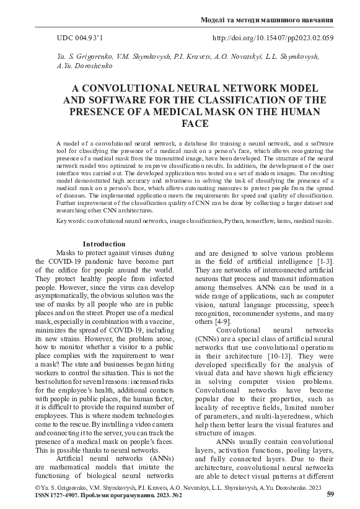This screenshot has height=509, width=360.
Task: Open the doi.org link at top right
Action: tap(273, 38)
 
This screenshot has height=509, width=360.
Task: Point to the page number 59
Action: tap(330, 494)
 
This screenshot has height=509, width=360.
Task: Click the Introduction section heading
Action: tap(104, 244)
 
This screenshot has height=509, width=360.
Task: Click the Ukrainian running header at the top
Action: tap(268, 20)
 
